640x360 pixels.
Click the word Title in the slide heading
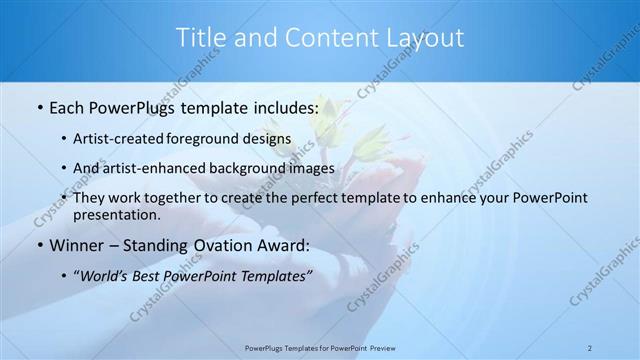(199, 38)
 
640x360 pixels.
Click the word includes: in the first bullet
(277, 105)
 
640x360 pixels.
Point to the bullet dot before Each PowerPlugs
(38, 105)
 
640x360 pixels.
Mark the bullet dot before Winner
(38, 245)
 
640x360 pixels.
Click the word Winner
(78, 245)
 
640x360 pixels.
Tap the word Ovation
(225, 245)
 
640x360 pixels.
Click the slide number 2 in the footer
(590, 347)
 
